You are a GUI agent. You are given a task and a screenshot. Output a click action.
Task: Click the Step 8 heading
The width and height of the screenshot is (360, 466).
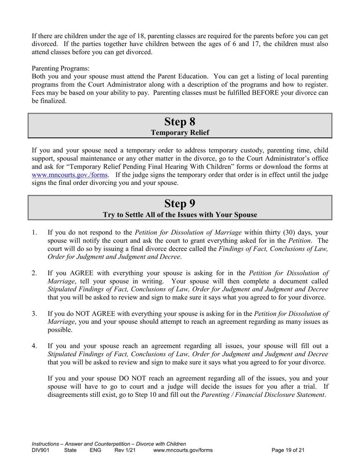click(180, 122)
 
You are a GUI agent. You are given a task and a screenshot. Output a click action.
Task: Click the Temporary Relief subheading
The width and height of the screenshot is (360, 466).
click(180, 133)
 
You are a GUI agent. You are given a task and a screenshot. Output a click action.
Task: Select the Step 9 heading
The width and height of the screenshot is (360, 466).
click(180, 203)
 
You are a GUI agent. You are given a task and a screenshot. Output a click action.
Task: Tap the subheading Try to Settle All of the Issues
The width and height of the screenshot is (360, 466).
click(180, 215)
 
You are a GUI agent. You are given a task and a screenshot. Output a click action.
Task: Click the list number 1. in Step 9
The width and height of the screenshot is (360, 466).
click(34, 233)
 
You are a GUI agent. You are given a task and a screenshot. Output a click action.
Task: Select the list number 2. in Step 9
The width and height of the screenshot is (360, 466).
click(34, 273)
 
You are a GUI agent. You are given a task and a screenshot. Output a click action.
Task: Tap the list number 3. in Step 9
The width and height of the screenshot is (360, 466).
click(34, 313)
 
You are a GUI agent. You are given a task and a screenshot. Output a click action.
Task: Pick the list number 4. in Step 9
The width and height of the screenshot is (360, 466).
click(34, 346)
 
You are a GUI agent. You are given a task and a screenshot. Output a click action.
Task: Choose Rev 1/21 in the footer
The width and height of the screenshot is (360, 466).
click(125, 450)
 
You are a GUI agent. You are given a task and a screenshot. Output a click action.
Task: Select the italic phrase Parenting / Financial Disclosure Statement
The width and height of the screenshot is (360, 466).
click(263, 395)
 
